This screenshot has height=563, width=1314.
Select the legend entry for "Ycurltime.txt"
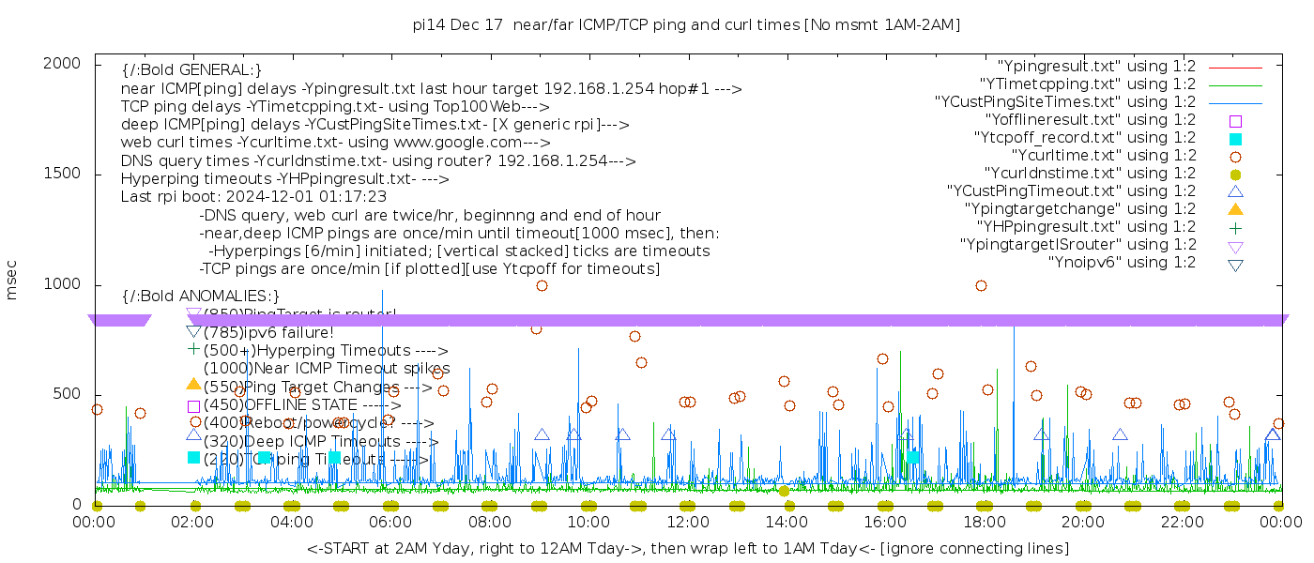pos(1104,156)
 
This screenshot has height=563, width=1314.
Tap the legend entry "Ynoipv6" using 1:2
pos(1122,263)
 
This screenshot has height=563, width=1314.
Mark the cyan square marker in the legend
pos(1235,138)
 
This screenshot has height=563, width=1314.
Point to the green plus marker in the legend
pos(1235,227)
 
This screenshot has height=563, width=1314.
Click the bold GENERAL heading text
pos(191,70)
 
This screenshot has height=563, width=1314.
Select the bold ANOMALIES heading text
pos(201,297)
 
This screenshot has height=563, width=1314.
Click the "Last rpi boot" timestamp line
pos(253,197)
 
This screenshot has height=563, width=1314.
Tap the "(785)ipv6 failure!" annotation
pos(268,332)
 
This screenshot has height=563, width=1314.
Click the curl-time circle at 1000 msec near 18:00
pos(981,285)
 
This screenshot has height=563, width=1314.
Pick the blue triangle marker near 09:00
pos(542,434)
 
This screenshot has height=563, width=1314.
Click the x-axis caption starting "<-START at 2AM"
pos(687,547)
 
